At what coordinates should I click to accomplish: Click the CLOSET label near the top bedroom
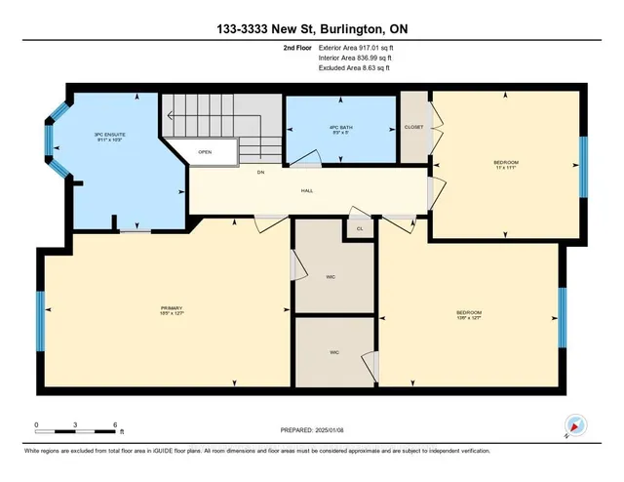(413, 128)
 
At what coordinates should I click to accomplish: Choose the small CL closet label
(360, 228)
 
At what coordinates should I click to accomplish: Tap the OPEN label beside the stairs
(205, 152)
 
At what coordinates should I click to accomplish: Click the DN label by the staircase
(260, 173)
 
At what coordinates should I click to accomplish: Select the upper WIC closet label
(331, 275)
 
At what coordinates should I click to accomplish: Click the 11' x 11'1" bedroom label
(504, 164)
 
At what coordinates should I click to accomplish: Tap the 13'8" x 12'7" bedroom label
(469, 315)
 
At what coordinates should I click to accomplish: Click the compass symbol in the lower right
(575, 425)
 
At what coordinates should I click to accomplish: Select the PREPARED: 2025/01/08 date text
(311, 430)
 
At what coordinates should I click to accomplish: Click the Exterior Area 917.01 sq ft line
(353, 45)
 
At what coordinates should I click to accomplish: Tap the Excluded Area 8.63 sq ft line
(352, 68)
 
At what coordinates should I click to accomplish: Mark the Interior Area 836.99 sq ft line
(353, 57)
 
